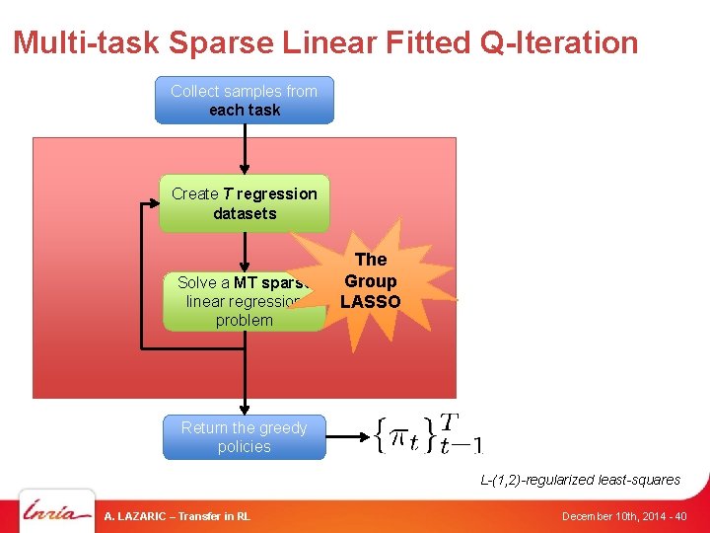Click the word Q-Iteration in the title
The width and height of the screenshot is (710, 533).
pyautogui.click(x=559, y=42)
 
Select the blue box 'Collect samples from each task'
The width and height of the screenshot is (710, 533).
pyautogui.click(x=245, y=100)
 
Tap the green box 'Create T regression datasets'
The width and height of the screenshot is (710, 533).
pyautogui.click(x=245, y=203)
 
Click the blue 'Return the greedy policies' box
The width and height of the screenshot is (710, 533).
pyautogui.click(x=245, y=437)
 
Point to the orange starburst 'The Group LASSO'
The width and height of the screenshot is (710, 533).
pyautogui.click(x=371, y=279)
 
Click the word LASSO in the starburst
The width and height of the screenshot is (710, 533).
pyautogui.click(x=371, y=302)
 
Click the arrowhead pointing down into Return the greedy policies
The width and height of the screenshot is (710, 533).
pyautogui.click(x=245, y=410)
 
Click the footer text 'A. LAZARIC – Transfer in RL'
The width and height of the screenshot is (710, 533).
pyautogui.click(x=177, y=516)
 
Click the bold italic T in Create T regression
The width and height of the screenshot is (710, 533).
pyautogui.click(x=228, y=193)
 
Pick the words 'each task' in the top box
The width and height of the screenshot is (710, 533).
pyautogui.click(x=245, y=110)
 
